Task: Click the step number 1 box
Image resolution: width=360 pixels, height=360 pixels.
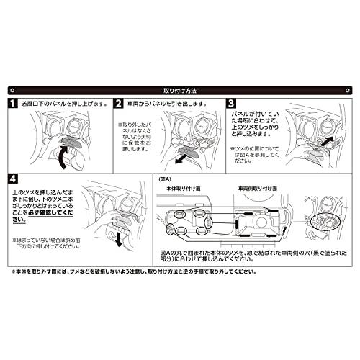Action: pos(14,104)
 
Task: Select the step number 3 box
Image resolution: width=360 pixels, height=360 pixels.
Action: pos(231,104)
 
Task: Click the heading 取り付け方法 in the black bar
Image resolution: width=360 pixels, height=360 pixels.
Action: pos(180,91)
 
